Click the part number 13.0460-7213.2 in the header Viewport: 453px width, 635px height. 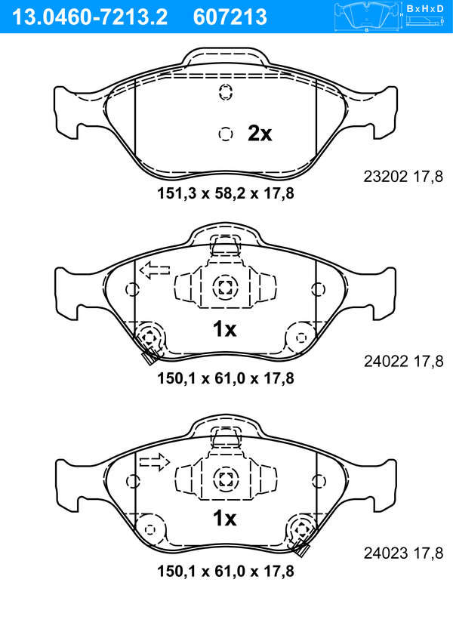(x=90, y=17)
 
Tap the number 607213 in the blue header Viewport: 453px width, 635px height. (x=230, y=17)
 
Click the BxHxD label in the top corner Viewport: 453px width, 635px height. (x=425, y=8)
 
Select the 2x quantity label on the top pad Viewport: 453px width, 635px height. (x=260, y=133)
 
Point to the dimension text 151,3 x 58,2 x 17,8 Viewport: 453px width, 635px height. (x=226, y=193)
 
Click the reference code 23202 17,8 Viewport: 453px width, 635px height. (x=403, y=177)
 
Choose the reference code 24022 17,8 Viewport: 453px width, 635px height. (x=404, y=361)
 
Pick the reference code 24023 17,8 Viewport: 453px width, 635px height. (x=404, y=553)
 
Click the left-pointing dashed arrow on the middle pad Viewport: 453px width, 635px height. (x=155, y=270)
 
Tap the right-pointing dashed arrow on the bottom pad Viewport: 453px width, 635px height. (x=155, y=461)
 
